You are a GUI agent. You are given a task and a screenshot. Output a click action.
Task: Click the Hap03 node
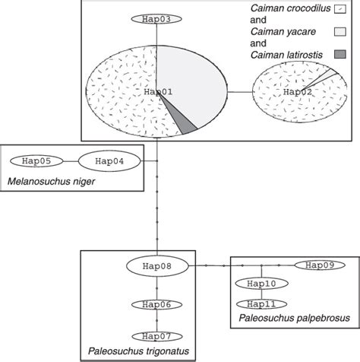[156, 18]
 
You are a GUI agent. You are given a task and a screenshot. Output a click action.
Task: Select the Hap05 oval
[36, 161]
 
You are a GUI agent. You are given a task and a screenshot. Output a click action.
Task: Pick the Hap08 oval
[156, 266]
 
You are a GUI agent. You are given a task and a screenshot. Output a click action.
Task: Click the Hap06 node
[156, 304]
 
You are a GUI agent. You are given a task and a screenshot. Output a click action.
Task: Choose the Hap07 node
[156, 335]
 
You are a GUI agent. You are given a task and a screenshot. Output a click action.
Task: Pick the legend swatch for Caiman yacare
[339, 31]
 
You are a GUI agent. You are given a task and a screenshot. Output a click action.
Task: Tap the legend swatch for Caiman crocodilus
[339, 9]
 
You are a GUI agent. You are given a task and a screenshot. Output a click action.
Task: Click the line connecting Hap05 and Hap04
[68, 161]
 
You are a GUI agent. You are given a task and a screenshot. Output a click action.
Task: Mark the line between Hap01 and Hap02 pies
[242, 92]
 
